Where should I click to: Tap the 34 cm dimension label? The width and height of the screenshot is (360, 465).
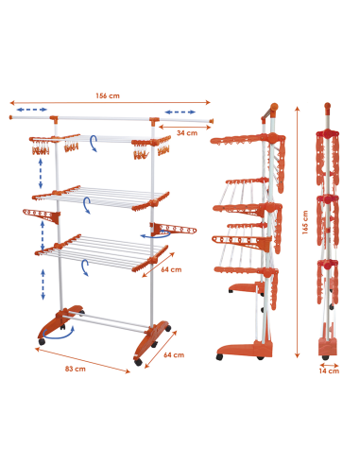[186, 133]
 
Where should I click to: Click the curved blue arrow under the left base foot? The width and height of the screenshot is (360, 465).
[60, 333]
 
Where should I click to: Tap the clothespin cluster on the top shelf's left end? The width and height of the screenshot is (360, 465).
[43, 148]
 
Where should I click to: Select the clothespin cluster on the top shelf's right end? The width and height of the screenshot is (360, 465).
[139, 150]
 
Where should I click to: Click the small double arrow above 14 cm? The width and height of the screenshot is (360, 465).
[328, 361]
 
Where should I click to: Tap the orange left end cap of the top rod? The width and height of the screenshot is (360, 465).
[12, 118]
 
